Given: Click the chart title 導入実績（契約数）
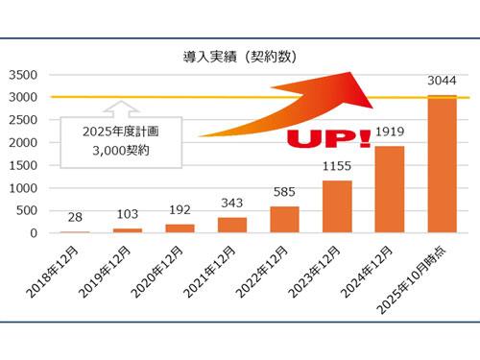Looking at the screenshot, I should click(x=240, y=55).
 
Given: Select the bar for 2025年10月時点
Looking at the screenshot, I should click(x=442, y=165).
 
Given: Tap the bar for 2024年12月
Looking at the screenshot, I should click(x=389, y=190).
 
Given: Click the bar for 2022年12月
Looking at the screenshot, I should click(x=284, y=220).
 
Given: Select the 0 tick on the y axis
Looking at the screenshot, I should click(x=32, y=233).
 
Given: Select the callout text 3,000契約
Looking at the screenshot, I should click(x=109, y=152).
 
